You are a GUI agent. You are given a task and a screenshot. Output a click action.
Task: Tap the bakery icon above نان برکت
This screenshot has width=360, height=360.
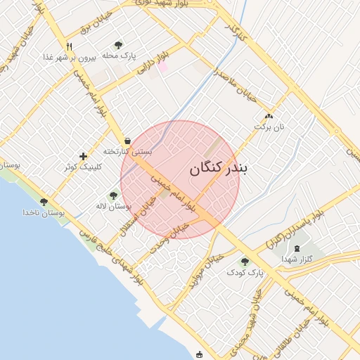tap(268, 117)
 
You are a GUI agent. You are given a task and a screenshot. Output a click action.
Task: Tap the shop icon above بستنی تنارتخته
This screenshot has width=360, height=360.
tap(127, 141)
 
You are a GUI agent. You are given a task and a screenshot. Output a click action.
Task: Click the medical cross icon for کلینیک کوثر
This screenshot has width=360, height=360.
tap(83, 156)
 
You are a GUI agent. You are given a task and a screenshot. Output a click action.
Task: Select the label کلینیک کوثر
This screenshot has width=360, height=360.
tap(83, 167)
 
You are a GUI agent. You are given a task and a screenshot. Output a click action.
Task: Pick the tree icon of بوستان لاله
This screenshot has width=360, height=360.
tap(113, 195)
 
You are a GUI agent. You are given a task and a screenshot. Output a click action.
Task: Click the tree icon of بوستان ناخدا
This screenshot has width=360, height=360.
tap(44, 202)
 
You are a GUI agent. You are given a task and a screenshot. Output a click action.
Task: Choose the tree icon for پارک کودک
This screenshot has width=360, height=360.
tap(245, 262)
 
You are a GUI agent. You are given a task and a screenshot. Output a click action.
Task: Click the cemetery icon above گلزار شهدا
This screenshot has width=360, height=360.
tap(296, 248)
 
